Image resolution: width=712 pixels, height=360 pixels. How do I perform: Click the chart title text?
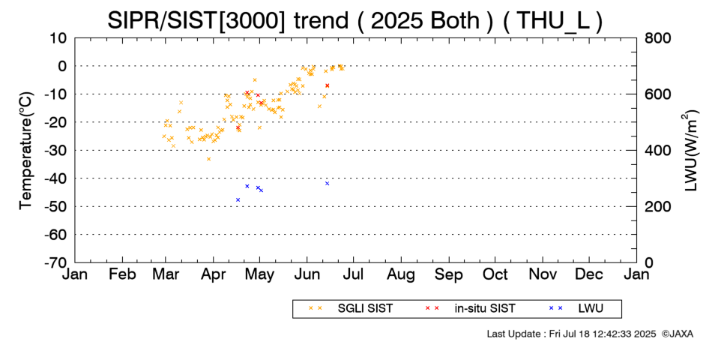click(355, 19)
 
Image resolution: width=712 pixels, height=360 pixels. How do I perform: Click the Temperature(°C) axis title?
click(26, 151)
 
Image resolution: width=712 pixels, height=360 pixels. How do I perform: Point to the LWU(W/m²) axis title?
click(690, 151)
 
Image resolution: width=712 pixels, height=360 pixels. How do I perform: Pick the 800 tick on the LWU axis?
click(657, 37)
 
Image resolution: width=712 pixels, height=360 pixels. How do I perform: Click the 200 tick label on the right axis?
click(657, 206)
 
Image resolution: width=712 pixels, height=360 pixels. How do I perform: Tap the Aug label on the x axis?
click(401, 275)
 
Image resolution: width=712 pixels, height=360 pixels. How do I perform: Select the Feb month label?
click(122, 274)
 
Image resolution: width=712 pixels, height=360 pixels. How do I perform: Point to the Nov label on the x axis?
click(543, 274)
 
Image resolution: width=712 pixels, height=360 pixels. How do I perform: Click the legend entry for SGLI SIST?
click(351, 309)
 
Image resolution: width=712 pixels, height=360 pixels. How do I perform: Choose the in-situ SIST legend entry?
click(470, 309)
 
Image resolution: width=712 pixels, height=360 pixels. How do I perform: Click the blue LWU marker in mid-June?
click(327, 184)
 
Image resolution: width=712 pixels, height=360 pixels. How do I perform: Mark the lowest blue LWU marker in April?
click(238, 199)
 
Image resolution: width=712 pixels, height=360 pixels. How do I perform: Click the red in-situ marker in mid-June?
click(327, 85)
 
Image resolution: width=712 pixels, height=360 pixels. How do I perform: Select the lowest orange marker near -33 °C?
click(208, 159)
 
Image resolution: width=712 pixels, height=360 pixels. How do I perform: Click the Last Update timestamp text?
click(571, 334)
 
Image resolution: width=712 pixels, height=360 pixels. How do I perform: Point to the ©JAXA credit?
click(678, 334)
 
